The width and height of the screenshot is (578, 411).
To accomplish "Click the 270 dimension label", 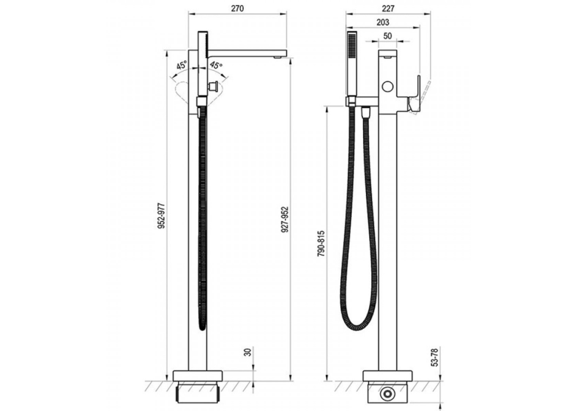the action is [238, 8].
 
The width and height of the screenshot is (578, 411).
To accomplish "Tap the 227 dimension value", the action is [388, 8].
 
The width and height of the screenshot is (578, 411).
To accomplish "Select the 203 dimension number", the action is [383, 22].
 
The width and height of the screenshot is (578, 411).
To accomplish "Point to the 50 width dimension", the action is [387, 36].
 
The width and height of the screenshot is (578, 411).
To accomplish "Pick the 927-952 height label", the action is [284, 219].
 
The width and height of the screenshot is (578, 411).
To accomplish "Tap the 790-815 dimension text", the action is [321, 244].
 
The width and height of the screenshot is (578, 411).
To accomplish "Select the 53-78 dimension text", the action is [435, 357].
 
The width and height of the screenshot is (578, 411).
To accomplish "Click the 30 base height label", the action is [247, 351].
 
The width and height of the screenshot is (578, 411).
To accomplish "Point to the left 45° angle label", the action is [182, 66].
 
